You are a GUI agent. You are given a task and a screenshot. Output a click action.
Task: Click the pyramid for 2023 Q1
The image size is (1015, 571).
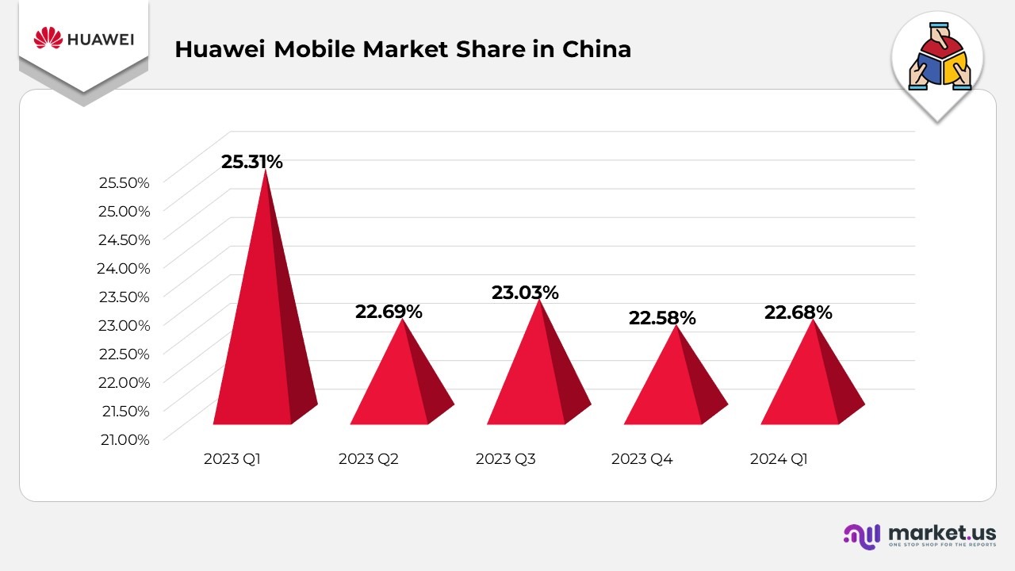click(258, 333)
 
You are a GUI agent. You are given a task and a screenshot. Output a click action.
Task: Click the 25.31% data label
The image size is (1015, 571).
click(252, 162)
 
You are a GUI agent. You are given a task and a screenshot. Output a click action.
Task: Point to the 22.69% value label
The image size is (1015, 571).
click(389, 312)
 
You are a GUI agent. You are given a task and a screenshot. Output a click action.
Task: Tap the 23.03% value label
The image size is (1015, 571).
click(525, 293)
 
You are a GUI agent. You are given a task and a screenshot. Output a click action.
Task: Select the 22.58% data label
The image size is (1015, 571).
click(662, 318)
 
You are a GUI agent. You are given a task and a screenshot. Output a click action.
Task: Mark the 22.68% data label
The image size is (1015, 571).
click(799, 312)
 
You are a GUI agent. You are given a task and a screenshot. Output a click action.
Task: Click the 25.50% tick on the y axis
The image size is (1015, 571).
click(124, 182)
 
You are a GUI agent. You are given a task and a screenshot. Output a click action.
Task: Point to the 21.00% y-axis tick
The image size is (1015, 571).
click(124, 439)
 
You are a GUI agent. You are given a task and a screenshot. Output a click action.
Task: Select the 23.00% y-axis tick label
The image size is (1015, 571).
click(124, 325)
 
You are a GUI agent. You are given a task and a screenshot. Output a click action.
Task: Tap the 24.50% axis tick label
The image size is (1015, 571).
click(124, 240)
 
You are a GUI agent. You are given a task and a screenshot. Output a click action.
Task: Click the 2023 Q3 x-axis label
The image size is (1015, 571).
click(506, 459)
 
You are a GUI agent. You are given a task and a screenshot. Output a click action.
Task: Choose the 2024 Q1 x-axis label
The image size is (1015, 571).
click(779, 459)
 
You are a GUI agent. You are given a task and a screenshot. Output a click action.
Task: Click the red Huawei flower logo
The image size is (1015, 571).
click(48, 38)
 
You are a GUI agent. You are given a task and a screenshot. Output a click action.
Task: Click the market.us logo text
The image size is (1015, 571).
click(942, 532)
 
